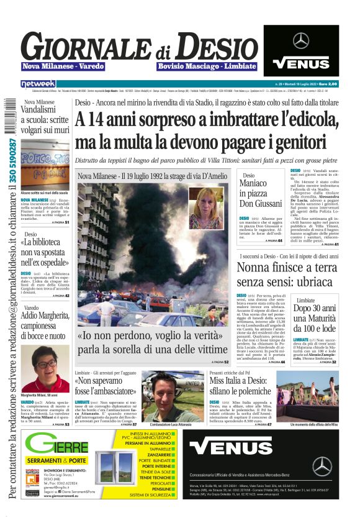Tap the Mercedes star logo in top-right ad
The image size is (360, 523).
[x=301, y=41]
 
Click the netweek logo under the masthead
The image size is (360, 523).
[x=38, y=84]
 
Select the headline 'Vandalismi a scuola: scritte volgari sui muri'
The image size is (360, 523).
[x=45, y=120]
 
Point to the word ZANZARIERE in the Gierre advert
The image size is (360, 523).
[x=153, y=454]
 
